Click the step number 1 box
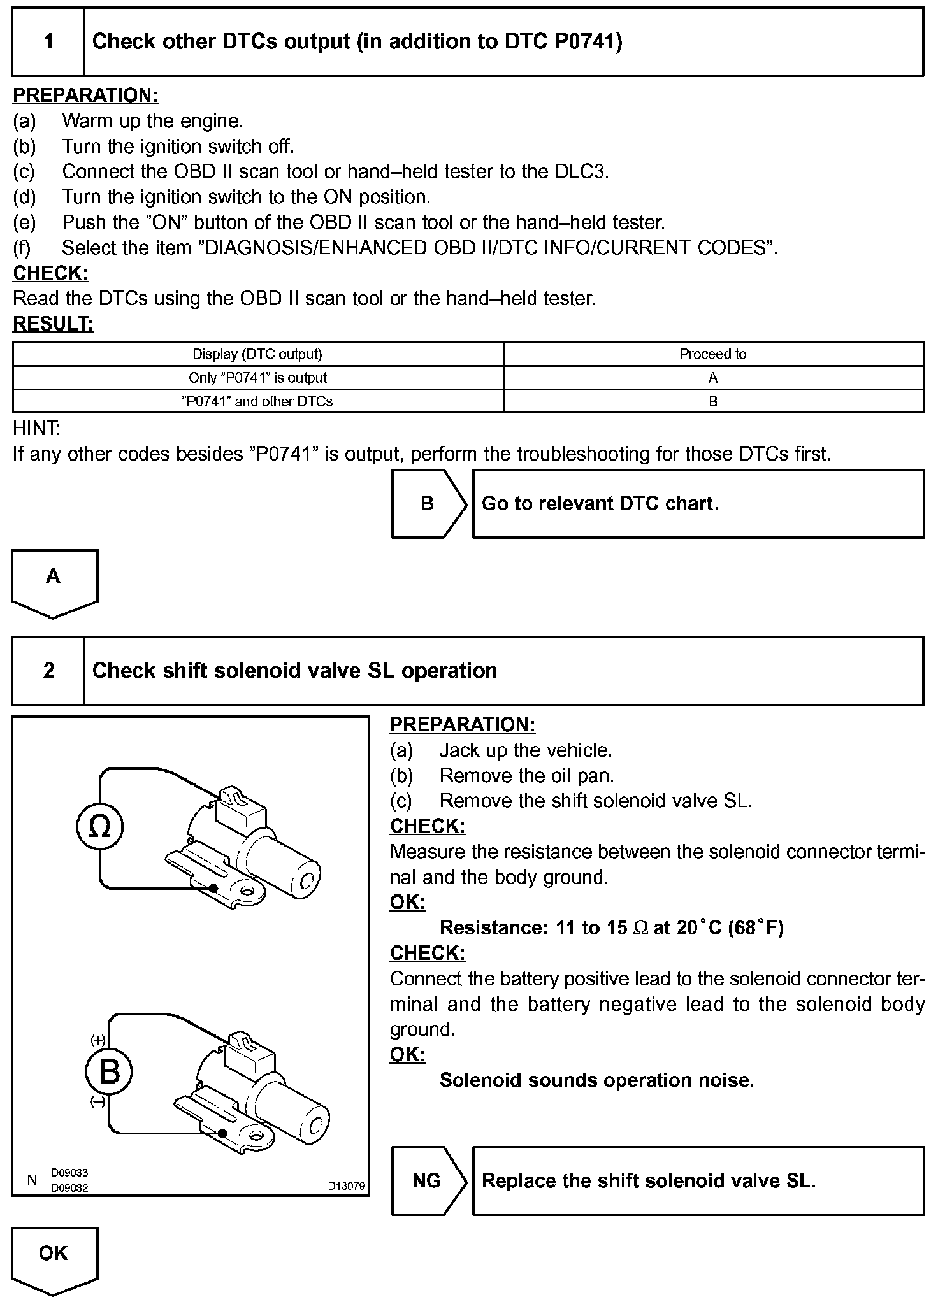click(48, 42)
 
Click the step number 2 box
click(48, 671)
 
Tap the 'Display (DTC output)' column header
click(257, 354)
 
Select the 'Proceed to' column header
click(712, 354)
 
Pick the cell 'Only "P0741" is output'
click(257, 378)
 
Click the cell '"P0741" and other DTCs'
click(257, 401)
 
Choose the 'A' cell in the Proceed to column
click(712, 378)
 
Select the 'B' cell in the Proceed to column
click(712, 401)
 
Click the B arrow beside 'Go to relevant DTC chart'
click(428, 504)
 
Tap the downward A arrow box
click(54, 580)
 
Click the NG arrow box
click(428, 1180)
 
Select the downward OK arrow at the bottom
click(54, 1258)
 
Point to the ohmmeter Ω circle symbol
click(99, 827)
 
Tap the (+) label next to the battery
click(97, 1041)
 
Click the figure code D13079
click(346, 1186)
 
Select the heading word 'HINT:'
click(36, 429)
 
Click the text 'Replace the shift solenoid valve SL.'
click(648, 1180)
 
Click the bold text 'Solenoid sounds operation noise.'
click(596, 1080)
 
